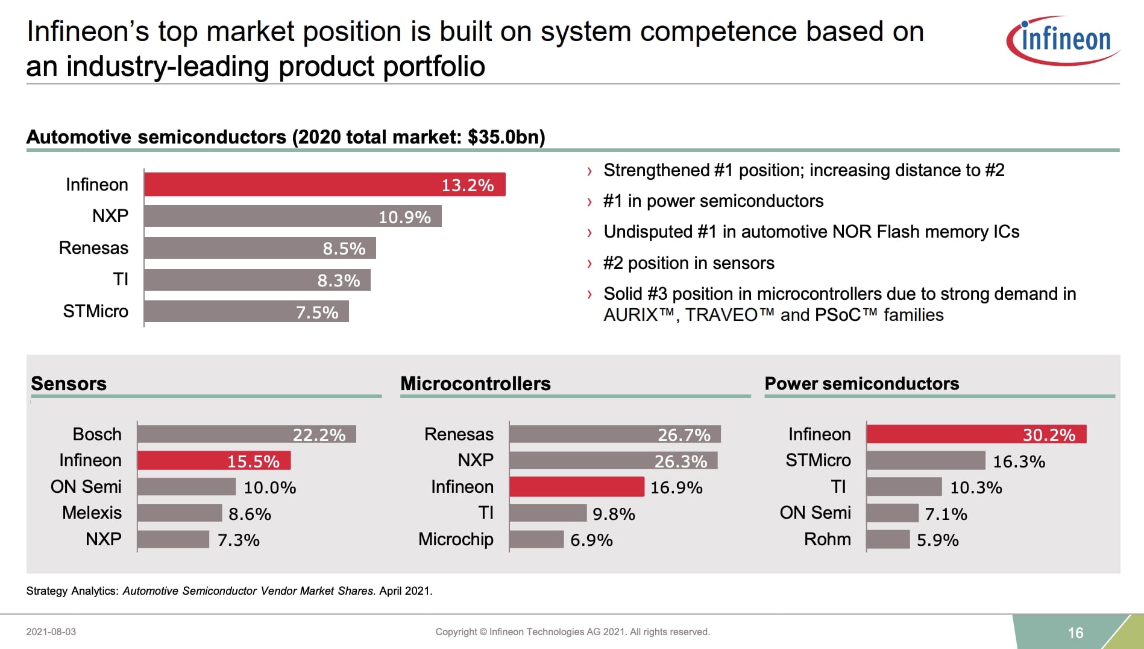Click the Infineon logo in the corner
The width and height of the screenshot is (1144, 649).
coord(1064,40)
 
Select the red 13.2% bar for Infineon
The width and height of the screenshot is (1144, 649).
coord(324,185)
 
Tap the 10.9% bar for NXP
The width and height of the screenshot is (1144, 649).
coord(292,217)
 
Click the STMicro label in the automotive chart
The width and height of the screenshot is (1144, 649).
coord(95,311)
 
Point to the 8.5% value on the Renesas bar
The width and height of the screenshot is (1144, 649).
coord(344,249)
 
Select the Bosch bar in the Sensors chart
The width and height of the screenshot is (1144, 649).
coord(246,434)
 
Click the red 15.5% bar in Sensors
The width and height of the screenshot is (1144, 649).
coord(214,461)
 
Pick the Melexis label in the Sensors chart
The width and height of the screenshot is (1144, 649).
coord(92,513)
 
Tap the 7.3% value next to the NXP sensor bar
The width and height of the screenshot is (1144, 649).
coord(238,540)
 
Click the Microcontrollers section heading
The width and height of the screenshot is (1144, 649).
coord(475,384)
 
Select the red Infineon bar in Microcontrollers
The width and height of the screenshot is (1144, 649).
coord(576,487)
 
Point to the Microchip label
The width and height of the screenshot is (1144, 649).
coord(456,539)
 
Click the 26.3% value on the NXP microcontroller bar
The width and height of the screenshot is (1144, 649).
coord(680,461)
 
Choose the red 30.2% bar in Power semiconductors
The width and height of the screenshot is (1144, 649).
coord(976,434)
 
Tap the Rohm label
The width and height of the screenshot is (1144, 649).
coord(827,539)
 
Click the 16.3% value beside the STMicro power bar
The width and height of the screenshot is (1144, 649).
coord(1019,461)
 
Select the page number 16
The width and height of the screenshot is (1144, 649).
coord(1075,633)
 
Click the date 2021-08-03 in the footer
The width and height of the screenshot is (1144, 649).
coord(51,632)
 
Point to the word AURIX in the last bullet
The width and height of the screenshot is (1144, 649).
coord(630,315)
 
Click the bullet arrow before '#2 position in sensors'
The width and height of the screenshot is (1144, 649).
coord(589,264)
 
